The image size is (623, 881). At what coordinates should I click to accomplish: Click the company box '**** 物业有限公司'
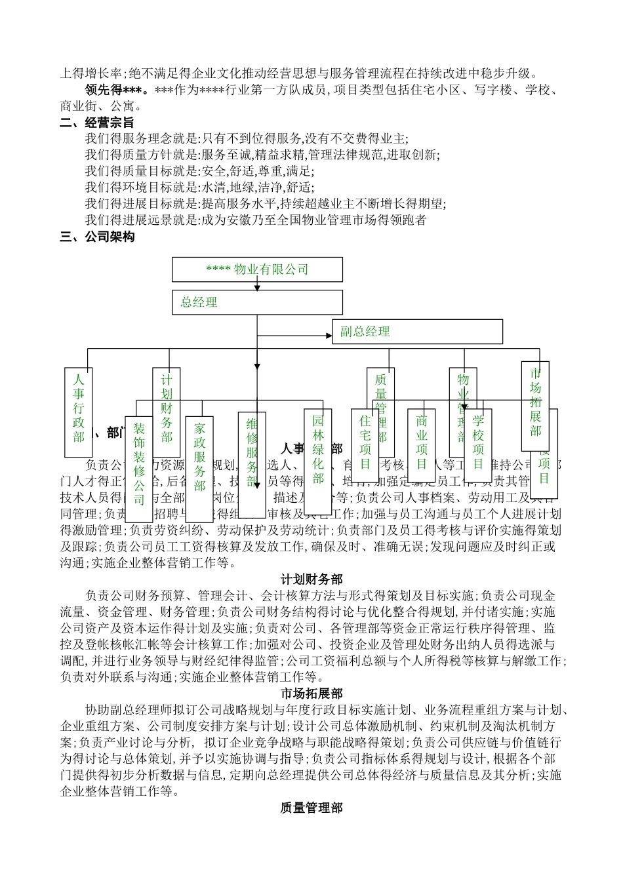click(257, 269)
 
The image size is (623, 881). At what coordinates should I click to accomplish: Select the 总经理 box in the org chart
click(257, 302)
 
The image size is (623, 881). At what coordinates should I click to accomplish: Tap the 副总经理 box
click(417, 332)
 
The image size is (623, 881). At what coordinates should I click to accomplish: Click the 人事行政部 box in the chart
click(79, 411)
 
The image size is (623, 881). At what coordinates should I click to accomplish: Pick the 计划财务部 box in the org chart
click(167, 408)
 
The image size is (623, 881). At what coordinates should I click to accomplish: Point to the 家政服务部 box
click(199, 457)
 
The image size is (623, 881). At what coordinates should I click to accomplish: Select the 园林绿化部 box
click(318, 449)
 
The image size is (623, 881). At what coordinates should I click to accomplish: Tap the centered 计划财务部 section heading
click(311, 579)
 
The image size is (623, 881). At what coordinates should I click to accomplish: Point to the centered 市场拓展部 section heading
click(311, 694)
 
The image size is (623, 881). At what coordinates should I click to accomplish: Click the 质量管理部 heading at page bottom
click(311, 808)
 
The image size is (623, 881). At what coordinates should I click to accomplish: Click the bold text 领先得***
click(117, 89)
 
